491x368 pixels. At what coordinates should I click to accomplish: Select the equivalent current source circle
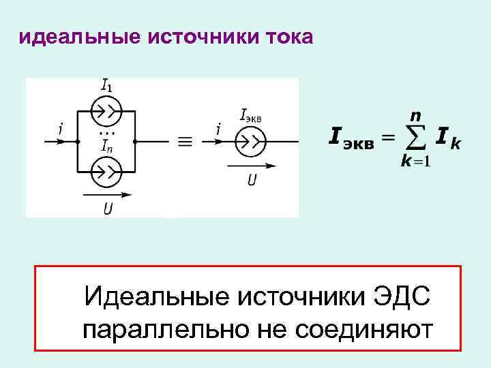[x=250, y=142]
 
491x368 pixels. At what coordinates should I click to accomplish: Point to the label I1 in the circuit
[x=107, y=86]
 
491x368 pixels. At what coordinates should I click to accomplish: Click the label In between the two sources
[x=107, y=144]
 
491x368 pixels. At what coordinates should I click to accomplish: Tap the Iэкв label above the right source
[x=251, y=116]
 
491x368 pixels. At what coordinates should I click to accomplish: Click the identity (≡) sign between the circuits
[x=184, y=142]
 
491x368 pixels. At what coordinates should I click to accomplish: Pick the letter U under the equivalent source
[x=251, y=180]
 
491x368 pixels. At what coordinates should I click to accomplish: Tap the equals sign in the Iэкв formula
[x=387, y=138]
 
